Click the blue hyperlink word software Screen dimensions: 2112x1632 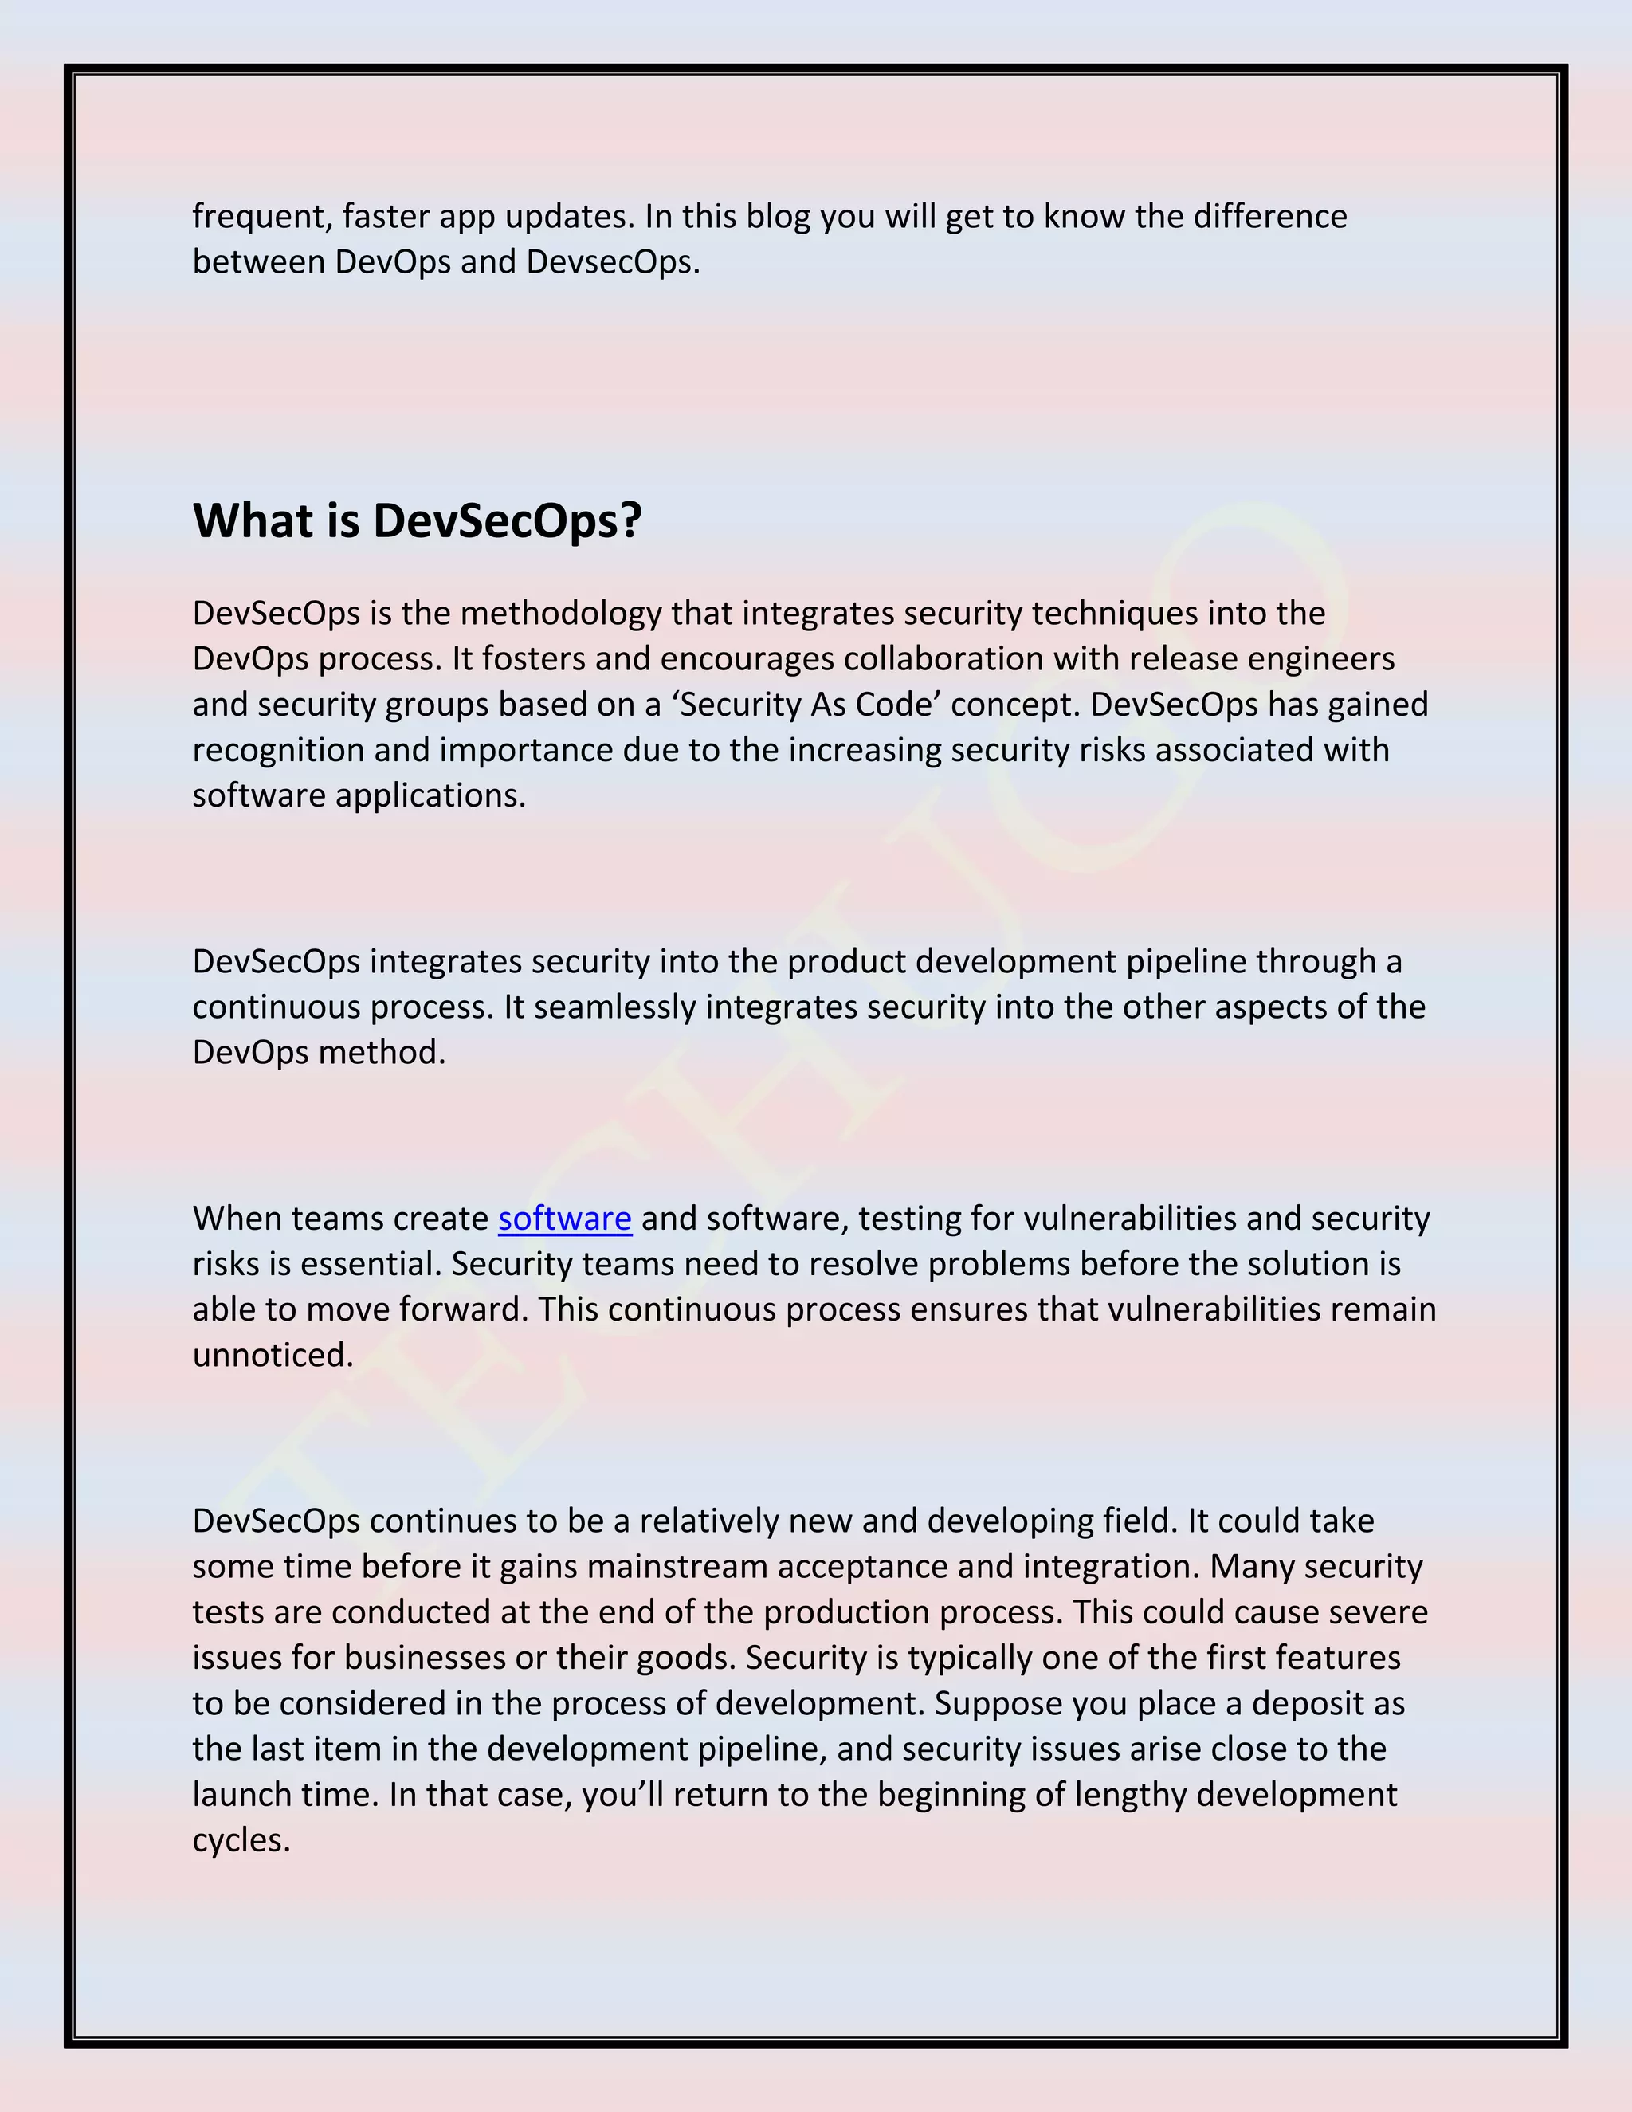point(565,1219)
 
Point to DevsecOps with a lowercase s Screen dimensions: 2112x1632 point(608,261)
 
